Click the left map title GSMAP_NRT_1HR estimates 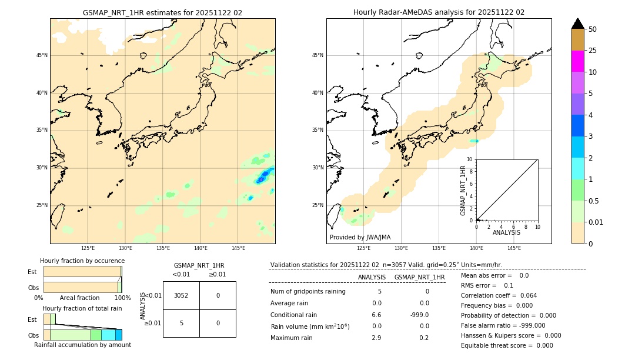[162, 12]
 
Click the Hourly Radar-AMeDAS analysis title [439, 12]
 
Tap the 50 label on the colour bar [593, 29]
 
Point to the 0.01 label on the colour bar [596, 222]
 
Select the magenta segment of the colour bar [577, 61]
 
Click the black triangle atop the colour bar [577, 24]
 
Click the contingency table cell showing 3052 [181, 295]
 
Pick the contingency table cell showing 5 [181, 323]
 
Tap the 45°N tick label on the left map [42, 55]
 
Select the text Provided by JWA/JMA [360, 238]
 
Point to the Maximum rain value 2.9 [376, 338]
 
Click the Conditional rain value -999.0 [420, 315]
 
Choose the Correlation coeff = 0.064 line [499, 295]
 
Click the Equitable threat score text [507, 345]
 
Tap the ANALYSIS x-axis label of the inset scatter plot [506, 232]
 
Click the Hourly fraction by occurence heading [82, 261]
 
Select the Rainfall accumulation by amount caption [82, 345]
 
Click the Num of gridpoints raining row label [308, 292]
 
